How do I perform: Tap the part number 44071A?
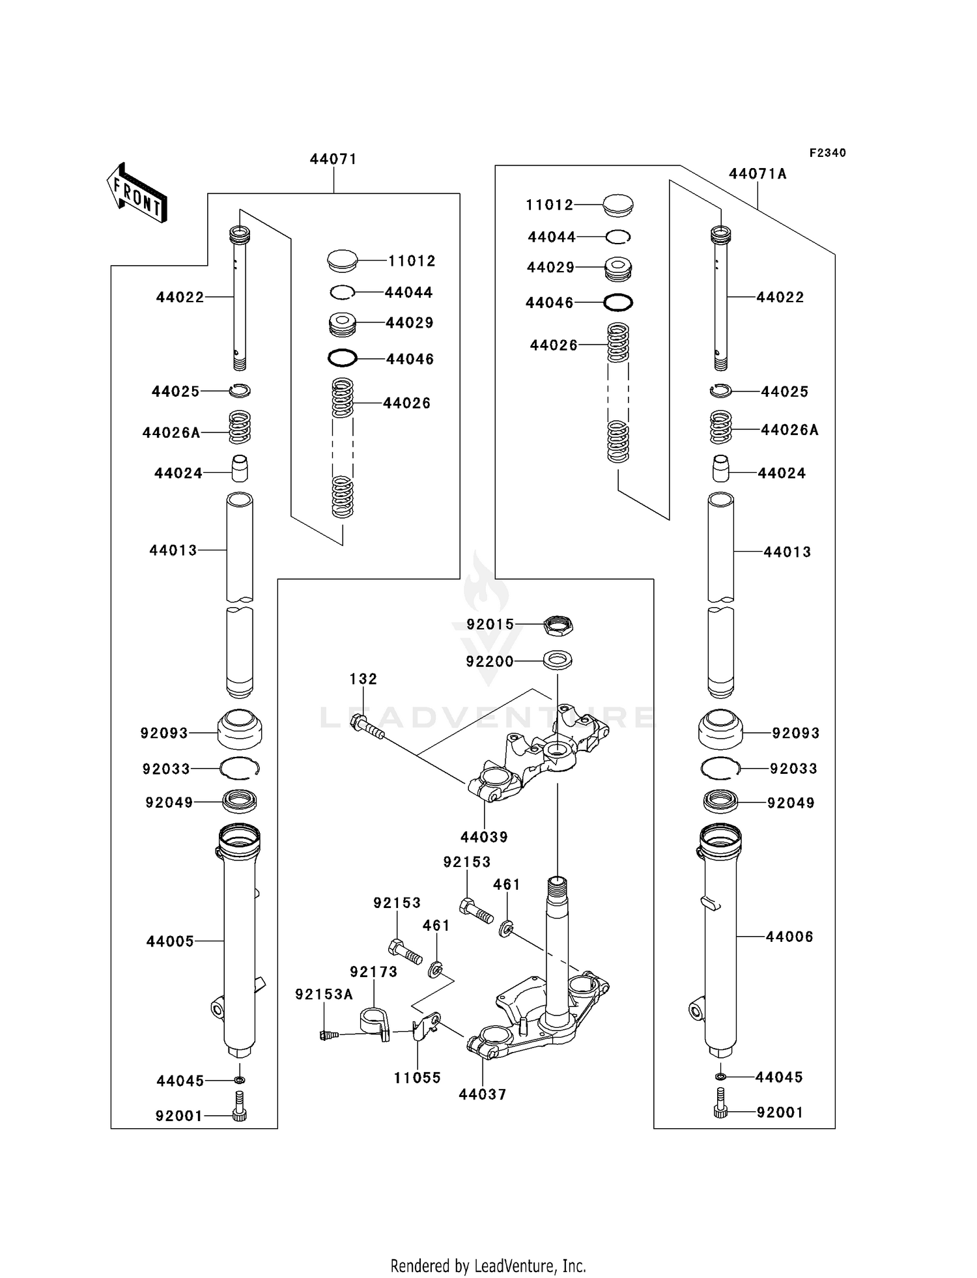pos(758,174)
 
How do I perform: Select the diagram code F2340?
pos(827,153)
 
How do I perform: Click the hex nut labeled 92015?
pos(558,625)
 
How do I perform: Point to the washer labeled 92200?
pos(558,660)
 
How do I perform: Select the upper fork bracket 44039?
pos(537,756)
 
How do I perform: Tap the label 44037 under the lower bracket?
pos(482,1094)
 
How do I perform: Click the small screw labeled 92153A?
pos(330,1034)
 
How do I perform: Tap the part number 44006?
pos(789,937)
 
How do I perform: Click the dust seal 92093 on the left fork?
pos(239,730)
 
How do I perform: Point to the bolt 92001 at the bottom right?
pos(720,1112)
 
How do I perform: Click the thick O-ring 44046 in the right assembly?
pos(618,302)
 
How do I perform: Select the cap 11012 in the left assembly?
pos(343,261)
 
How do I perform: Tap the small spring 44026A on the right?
pos(720,427)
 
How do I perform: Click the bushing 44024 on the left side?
pos(240,468)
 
